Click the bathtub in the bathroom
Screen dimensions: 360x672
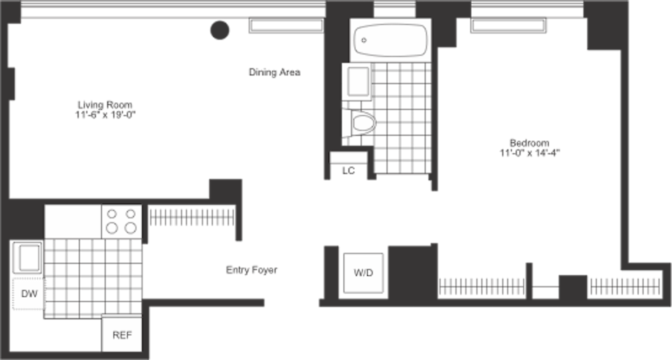pyautogui.click(x=390, y=40)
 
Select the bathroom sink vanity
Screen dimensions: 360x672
pyautogui.click(x=357, y=82)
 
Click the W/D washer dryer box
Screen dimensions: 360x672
pyautogui.click(x=363, y=273)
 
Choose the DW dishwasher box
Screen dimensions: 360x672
pyautogui.click(x=29, y=294)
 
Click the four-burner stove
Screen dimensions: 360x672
pyautogui.click(x=122, y=221)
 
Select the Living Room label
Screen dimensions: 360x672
pyautogui.click(x=106, y=104)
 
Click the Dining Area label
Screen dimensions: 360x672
pyautogui.click(x=274, y=72)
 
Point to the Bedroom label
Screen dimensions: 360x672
pyautogui.click(x=530, y=143)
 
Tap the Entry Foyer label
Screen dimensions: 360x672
pyautogui.click(x=252, y=270)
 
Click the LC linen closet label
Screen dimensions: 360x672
pyautogui.click(x=349, y=171)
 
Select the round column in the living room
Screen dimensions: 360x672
pyautogui.click(x=220, y=30)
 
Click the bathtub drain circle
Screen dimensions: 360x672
pyautogui.click(x=364, y=40)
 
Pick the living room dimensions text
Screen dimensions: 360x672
pyautogui.click(x=106, y=115)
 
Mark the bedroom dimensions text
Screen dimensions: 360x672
pyautogui.click(x=530, y=153)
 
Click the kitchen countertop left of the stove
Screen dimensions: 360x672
pyautogui.click(x=73, y=221)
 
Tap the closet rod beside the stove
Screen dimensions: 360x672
pyautogui.click(x=192, y=217)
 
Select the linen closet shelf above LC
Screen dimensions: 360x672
pyautogui.click(x=349, y=157)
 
